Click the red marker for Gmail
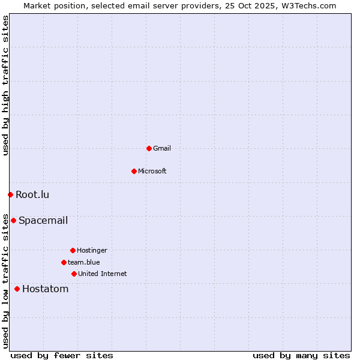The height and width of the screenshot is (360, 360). [x=149, y=148]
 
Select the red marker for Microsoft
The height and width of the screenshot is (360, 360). [x=134, y=171]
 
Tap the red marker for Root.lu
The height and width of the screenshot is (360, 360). [x=10, y=194]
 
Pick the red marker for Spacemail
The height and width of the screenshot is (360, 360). [x=13, y=220]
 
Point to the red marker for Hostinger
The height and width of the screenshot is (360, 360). [x=73, y=250]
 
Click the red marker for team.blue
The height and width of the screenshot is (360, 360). [x=64, y=262]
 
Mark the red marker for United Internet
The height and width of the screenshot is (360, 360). [x=74, y=274]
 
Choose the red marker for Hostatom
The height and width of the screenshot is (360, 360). [x=17, y=289]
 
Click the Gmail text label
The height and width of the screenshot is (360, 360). [x=162, y=148]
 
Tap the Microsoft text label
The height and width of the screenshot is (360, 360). [x=152, y=171]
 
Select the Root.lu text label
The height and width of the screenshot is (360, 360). [x=32, y=194]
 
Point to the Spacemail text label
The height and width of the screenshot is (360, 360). [x=43, y=220]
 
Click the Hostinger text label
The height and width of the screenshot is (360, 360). [x=92, y=250]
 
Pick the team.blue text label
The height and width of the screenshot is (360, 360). [x=84, y=262]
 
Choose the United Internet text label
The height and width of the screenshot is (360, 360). [x=103, y=274]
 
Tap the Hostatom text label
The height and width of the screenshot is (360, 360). [x=46, y=289]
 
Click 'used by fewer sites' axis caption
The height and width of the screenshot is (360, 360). [x=62, y=355]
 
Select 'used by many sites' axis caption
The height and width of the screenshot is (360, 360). [x=301, y=355]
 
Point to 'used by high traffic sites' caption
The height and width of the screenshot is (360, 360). [x=5, y=85]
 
